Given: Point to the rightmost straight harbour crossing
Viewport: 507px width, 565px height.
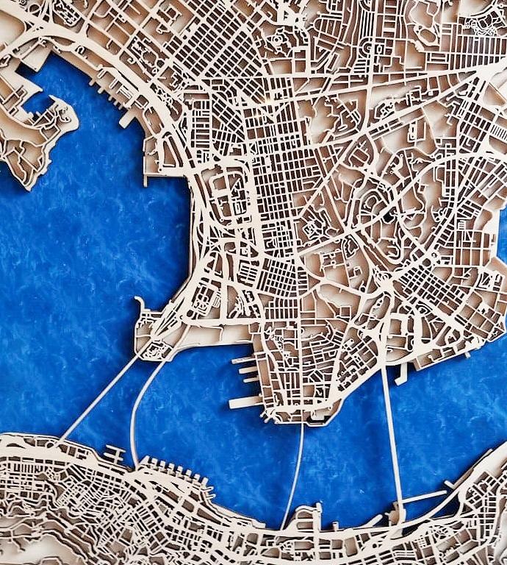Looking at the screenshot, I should click(392, 434).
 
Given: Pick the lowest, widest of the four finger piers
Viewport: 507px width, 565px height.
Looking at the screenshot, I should click(245, 402).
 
